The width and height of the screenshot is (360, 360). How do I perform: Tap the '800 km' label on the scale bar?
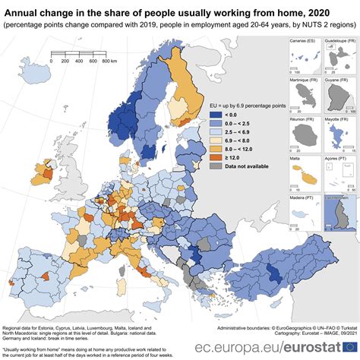click(x=109, y=60)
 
